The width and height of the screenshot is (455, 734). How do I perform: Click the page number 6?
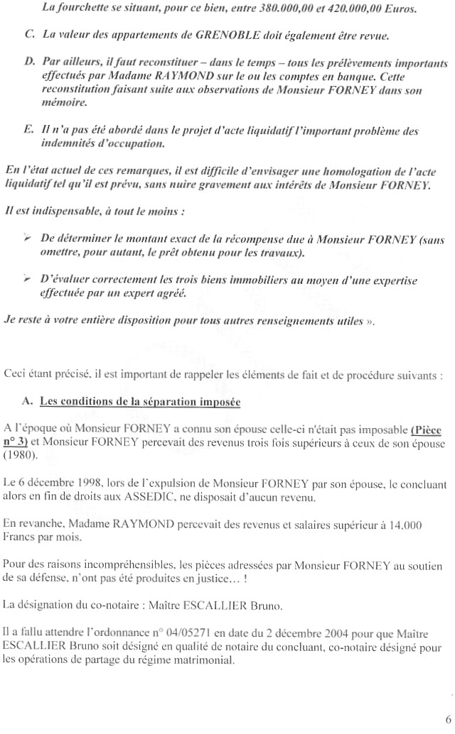pos(446,718)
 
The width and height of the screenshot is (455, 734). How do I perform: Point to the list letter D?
pos(29,62)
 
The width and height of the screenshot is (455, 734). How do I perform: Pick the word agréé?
pos(174,294)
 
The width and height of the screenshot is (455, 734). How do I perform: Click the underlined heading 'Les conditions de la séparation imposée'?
pos(140,401)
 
